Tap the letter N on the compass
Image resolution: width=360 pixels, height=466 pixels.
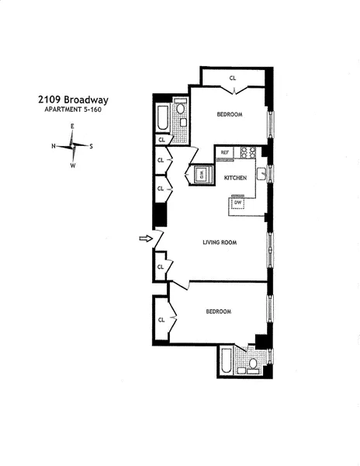coord(54,145)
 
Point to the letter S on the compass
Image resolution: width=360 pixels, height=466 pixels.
coord(91,145)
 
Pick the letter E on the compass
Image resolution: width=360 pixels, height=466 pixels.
coord(72,127)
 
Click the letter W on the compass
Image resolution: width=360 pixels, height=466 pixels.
coord(73,165)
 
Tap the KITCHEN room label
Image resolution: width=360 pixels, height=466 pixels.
coord(235,178)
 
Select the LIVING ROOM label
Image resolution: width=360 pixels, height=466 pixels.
coord(220,242)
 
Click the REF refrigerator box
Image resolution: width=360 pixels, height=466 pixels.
coord(226,152)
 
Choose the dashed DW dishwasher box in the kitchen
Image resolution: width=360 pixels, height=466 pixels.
coord(238,203)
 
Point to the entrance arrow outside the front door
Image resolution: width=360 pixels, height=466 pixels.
coord(144,239)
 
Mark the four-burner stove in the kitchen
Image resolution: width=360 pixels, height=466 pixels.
coord(248,152)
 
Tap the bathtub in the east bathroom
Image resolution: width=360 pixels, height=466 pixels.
coord(162,117)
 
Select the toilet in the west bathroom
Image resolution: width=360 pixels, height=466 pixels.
coord(253,363)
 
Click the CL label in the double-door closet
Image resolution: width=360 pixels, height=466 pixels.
coord(232,77)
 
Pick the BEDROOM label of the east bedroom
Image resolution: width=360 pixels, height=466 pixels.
coord(230,114)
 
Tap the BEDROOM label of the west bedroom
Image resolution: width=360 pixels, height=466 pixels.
coord(219,311)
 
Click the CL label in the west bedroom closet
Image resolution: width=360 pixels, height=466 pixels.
coord(161,319)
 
